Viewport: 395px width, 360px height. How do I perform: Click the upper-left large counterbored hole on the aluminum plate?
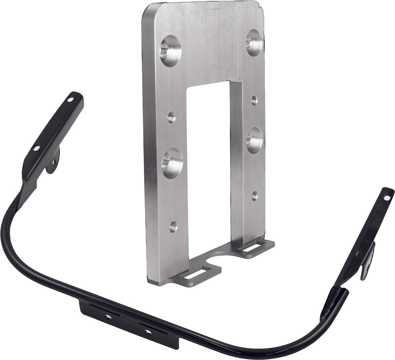170,51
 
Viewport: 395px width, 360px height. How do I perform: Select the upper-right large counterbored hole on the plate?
255,42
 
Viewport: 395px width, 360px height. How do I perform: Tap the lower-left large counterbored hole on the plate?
172,163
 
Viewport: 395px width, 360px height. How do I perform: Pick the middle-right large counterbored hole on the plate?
255,140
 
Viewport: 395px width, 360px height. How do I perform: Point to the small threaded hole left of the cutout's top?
172,117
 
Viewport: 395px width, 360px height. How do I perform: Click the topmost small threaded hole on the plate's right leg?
254,100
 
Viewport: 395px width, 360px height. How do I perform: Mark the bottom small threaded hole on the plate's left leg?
173,226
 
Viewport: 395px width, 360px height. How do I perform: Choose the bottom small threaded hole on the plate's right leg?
255,196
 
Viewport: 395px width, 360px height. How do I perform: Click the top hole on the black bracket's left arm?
70,99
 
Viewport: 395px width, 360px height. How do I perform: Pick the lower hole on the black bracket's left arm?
36,148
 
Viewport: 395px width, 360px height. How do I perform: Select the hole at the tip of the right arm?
387,197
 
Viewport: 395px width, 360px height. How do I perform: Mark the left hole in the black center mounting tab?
108,317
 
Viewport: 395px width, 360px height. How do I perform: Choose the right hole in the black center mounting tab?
147,331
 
